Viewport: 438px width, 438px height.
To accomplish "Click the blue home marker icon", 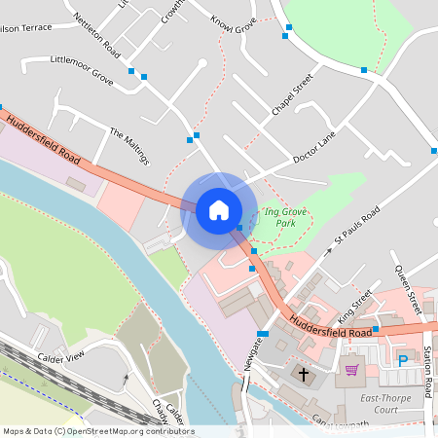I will tap(218, 210).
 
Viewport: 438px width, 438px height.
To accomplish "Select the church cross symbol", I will tap(303, 374).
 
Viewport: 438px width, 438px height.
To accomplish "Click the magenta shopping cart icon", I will tap(351, 370).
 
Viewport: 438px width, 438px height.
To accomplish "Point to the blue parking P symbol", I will tap(403, 361).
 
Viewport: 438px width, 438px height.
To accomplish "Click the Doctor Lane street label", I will tap(313, 146).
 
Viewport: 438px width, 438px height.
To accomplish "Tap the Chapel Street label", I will tap(292, 95).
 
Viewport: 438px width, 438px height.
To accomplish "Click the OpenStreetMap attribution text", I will tap(97, 431).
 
